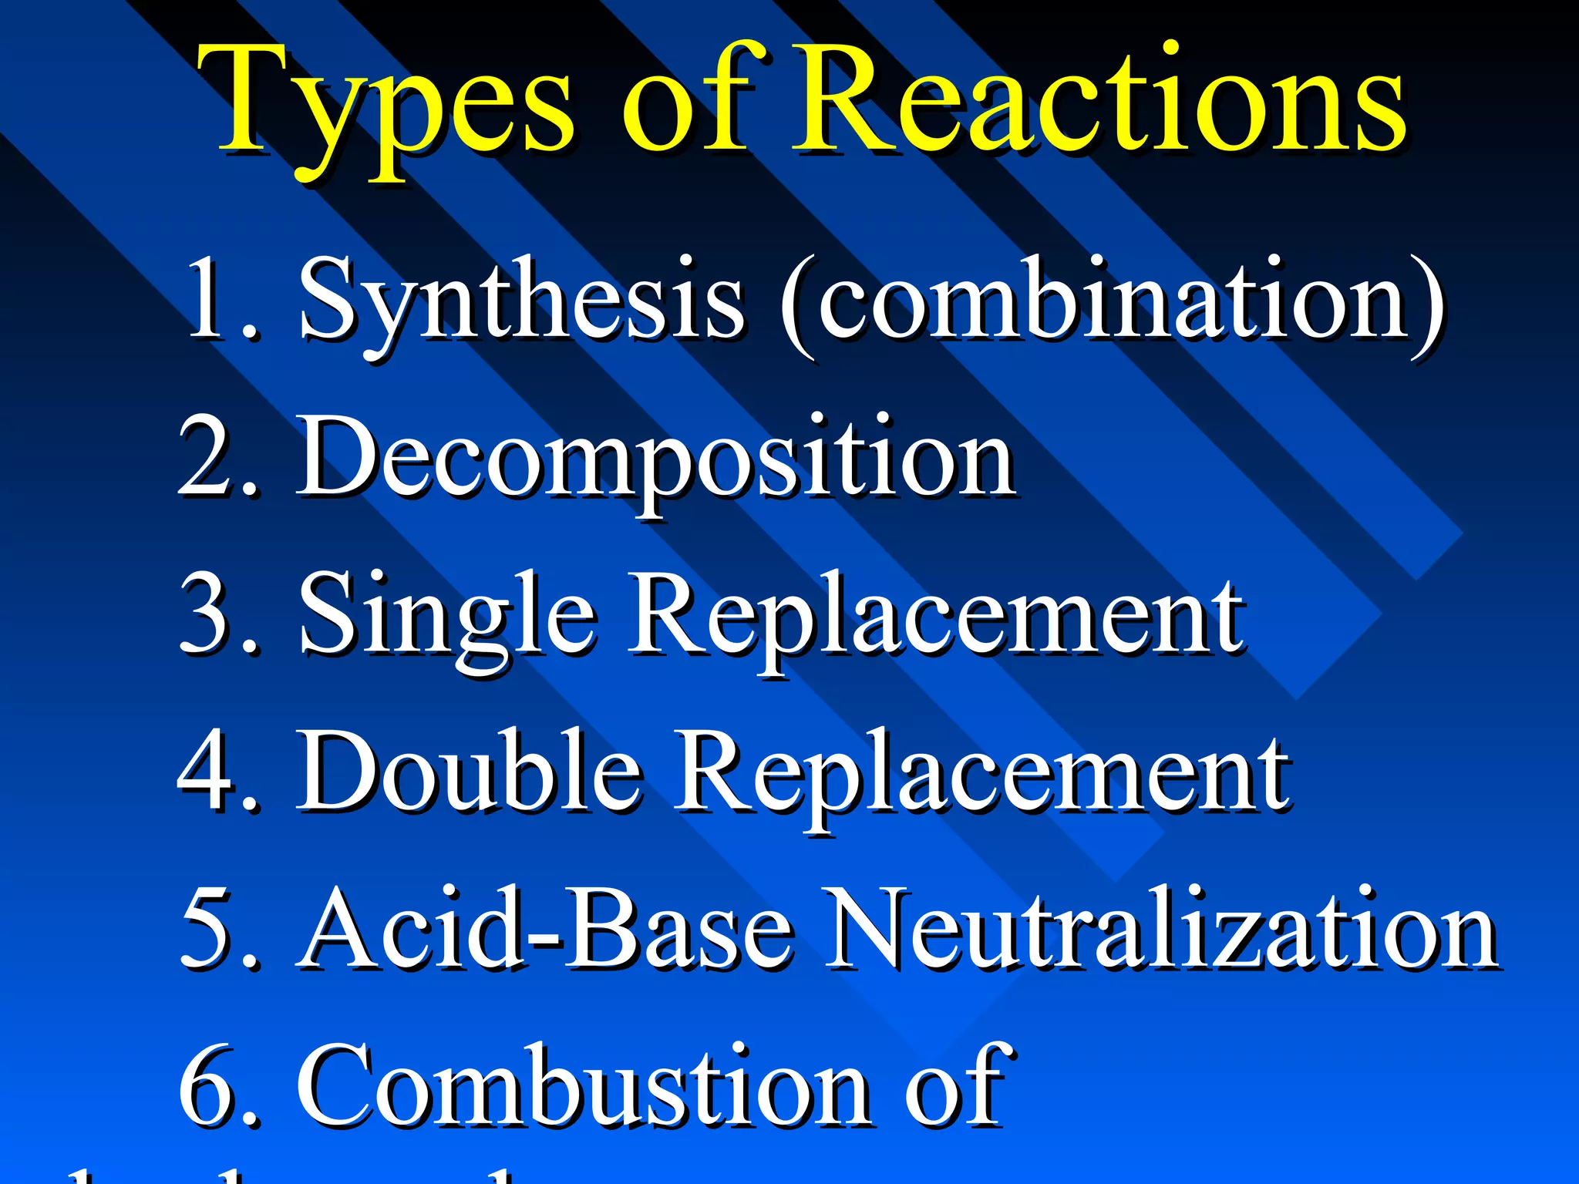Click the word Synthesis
[x=520, y=301]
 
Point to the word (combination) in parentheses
[x=1110, y=301]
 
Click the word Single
[x=447, y=617]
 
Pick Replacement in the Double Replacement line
[x=983, y=775]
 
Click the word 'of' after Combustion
[x=956, y=1087]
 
